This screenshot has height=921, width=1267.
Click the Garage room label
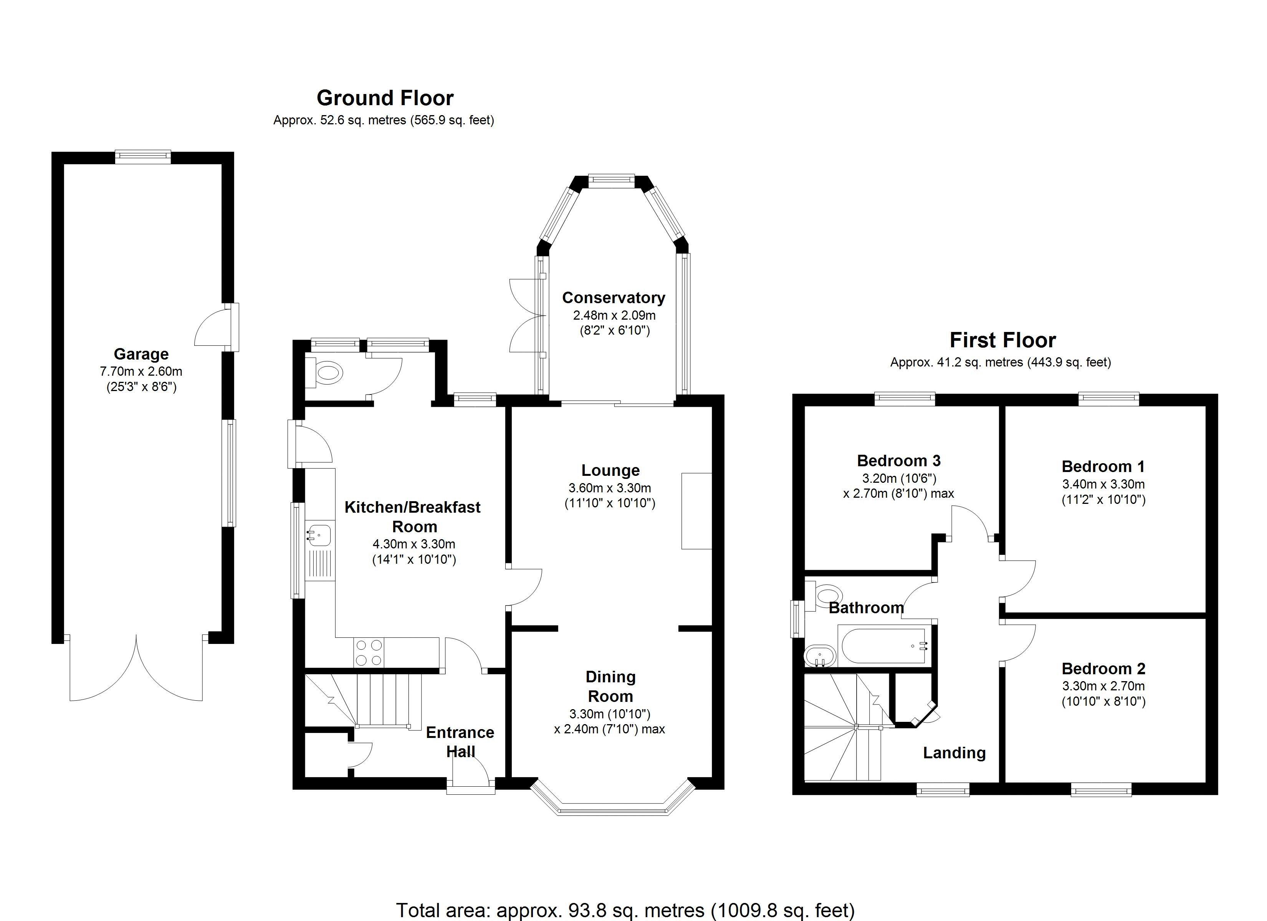tap(141, 354)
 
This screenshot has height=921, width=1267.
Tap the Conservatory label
tap(614, 298)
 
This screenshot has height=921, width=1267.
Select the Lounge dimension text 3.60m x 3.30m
tap(609, 488)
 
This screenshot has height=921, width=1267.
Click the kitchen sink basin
tap(319, 535)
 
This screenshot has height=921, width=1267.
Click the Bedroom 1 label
tap(1103, 466)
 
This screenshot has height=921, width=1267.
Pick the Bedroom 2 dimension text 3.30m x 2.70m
tap(1103, 686)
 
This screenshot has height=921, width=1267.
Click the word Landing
tap(954, 753)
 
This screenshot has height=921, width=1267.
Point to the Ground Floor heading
tap(385, 98)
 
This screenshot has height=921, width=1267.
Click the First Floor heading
tap(1003, 340)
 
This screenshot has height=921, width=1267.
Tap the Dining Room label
tap(610, 687)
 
